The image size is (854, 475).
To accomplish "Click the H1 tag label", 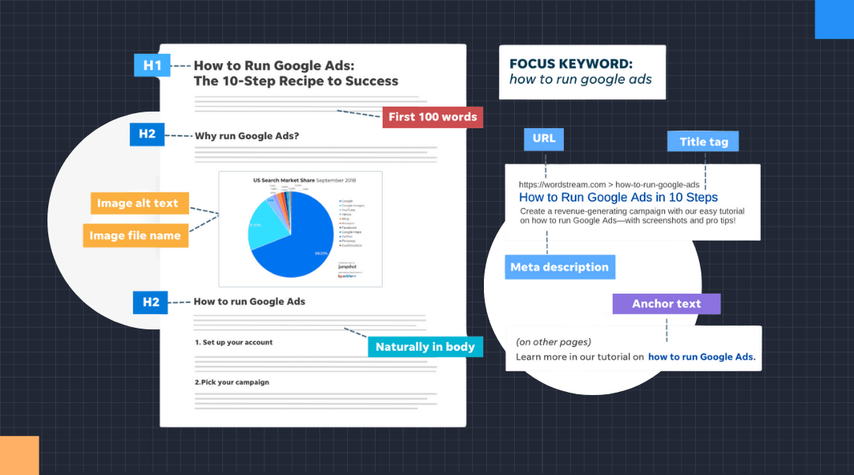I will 152,65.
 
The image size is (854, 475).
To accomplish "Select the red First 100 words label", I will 433,117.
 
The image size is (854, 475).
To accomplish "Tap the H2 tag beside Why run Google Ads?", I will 147,134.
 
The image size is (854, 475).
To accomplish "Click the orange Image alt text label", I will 138,203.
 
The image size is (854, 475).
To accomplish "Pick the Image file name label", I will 135,235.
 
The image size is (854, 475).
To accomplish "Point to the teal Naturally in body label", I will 425,347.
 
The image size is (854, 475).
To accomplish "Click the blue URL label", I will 544,139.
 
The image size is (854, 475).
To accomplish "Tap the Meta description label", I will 559,267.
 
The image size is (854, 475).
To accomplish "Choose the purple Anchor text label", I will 666,304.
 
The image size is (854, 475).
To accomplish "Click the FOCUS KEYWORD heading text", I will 570,64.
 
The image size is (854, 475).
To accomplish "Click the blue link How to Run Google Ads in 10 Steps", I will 618,197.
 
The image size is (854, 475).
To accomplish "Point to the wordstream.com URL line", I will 609,184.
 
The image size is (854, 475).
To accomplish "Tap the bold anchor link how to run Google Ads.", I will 701,357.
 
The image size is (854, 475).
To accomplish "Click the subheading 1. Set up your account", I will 233,342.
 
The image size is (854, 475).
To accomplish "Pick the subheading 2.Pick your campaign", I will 232,382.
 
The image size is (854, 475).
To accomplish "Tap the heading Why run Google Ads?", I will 246,135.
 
